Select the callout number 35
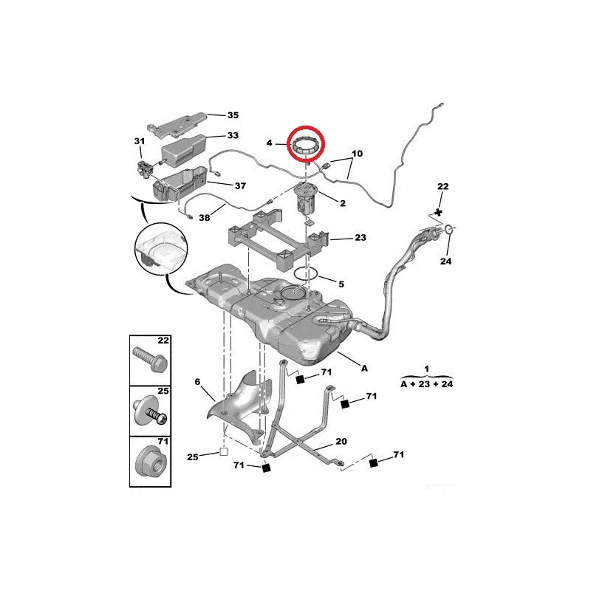tap(233, 115)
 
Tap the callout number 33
tap(233, 135)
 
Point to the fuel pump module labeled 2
tap(306, 199)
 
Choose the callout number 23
tap(361, 237)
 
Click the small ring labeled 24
tap(449, 228)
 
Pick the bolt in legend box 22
tap(150, 359)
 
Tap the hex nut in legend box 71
tap(151, 464)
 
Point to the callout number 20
tap(341, 441)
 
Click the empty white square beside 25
tap(224, 451)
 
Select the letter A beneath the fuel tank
tap(364, 368)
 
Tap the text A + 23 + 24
tap(427, 384)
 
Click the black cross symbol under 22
tap(438, 213)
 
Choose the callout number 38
tap(205, 218)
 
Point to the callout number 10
tap(357, 154)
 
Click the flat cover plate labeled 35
tap(177, 123)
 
